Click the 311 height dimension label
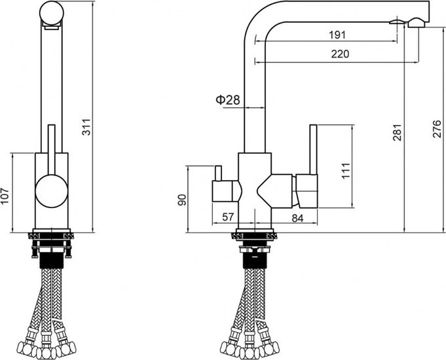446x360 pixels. pyautogui.click(x=86, y=127)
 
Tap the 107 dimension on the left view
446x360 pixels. pyautogui.click(x=5, y=196)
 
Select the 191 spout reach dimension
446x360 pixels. pyautogui.click(x=337, y=35)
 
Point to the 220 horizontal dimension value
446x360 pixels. pyautogui.click(x=340, y=54)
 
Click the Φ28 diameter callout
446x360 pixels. pyautogui.click(x=228, y=99)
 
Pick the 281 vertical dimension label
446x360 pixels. pyautogui.click(x=397, y=132)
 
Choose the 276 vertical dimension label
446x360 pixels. pyautogui.click(x=437, y=129)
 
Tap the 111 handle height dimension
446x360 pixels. pyautogui.click(x=346, y=171)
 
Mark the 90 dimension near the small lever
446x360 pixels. pyautogui.click(x=182, y=200)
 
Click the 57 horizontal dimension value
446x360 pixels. pyautogui.click(x=228, y=217)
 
